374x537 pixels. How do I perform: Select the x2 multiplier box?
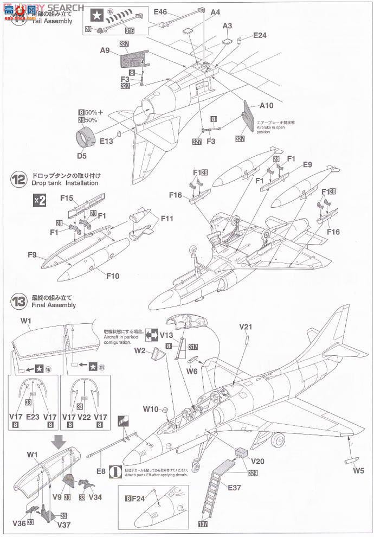[x=40, y=200]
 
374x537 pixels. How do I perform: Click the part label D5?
[x=82, y=155]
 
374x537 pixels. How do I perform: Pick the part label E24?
[x=260, y=35]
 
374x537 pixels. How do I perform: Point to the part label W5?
[x=358, y=471]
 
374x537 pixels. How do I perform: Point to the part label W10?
[x=151, y=409]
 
